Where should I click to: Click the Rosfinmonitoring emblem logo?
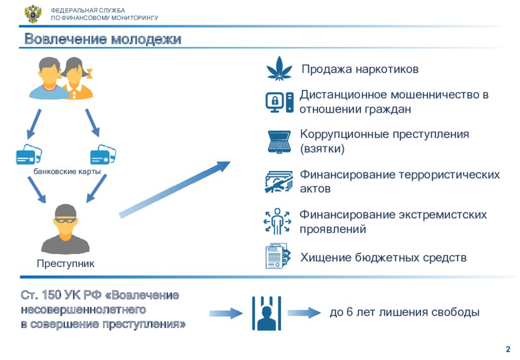click(x=33, y=14)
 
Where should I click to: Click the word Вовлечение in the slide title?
click(x=66, y=39)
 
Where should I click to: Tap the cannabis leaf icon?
click(x=279, y=69)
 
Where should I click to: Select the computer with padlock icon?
click(x=279, y=102)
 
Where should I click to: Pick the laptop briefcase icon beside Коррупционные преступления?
click(x=279, y=142)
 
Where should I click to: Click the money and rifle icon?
click(x=279, y=182)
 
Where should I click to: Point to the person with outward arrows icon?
click(x=277, y=221)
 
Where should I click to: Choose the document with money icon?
click(x=278, y=256)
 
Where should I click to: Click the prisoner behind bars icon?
click(x=267, y=313)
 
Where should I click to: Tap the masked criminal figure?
click(x=66, y=229)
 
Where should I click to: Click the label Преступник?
click(x=66, y=264)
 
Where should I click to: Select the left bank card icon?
click(x=29, y=154)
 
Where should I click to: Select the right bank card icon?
click(x=103, y=154)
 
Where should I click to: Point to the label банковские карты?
click(x=67, y=172)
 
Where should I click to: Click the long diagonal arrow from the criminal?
click(x=175, y=189)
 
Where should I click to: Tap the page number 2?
click(x=508, y=349)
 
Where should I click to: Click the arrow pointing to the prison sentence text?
click(x=304, y=313)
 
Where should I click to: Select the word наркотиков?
click(x=387, y=69)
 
